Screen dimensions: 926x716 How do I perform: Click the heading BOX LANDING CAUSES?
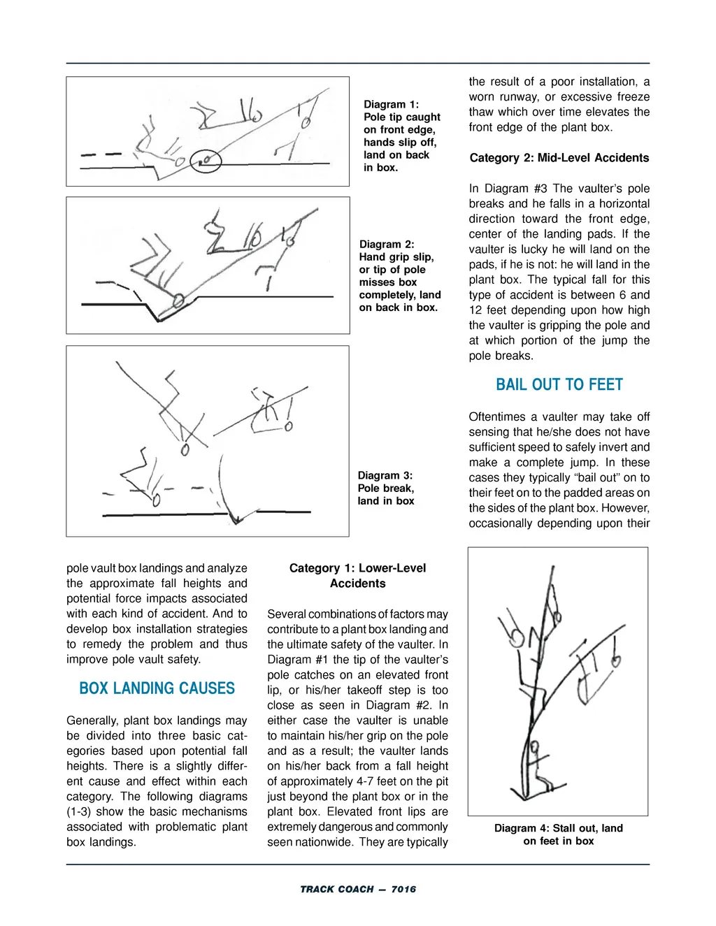tap(157, 688)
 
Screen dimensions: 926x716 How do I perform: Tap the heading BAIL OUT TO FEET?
tap(559, 384)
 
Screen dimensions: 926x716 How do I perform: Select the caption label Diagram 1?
tap(391, 104)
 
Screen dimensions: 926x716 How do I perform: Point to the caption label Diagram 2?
tap(387, 244)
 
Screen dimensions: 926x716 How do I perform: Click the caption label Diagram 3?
tap(385, 475)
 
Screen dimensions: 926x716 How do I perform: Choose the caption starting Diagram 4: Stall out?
tap(558, 834)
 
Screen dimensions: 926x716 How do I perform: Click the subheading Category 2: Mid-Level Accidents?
tap(559, 158)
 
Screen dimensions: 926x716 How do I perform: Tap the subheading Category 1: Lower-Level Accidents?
tap(357, 575)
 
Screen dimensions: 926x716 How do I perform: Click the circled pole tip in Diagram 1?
tap(206, 161)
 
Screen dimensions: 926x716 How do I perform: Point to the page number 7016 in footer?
tap(403, 889)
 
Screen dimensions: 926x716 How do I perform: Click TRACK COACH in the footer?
tap(336, 889)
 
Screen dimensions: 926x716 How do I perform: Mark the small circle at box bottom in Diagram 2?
tap(178, 301)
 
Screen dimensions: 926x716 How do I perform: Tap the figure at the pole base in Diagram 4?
tap(537, 769)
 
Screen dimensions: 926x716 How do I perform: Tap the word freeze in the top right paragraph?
tap(633, 97)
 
